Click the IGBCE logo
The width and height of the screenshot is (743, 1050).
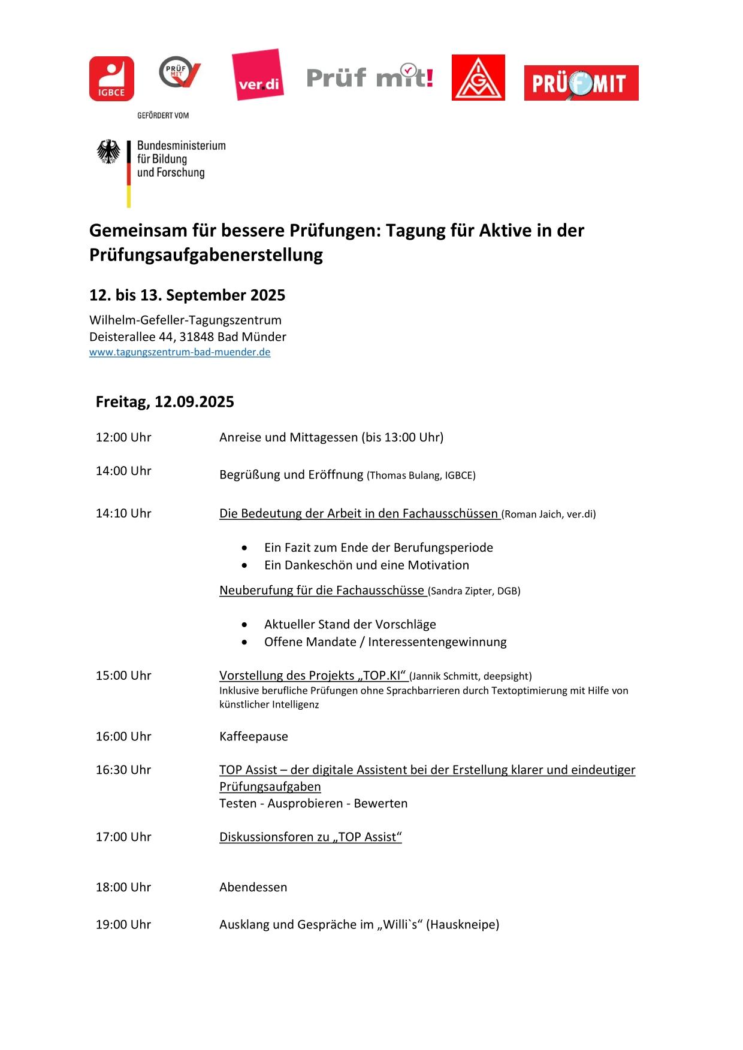tap(111, 78)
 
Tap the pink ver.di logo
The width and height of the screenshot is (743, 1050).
tap(258, 75)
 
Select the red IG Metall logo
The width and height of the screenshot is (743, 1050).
tap(478, 78)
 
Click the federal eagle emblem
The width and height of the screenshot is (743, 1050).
tap(108, 152)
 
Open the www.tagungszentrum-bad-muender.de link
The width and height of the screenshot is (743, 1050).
tap(180, 352)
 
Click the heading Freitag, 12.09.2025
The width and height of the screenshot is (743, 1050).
tap(165, 401)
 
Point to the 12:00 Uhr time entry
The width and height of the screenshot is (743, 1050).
tap(123, 437)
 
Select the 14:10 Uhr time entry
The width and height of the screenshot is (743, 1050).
tap(123, 513)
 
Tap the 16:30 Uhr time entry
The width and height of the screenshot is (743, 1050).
tap(123, 770)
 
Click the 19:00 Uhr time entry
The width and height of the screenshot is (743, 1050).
tap(123, 924)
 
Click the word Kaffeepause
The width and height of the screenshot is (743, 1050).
tap(253, 736)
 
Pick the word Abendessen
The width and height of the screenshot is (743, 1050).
tap(253, 887)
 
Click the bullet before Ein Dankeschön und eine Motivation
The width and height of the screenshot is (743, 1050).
tap(244, 565)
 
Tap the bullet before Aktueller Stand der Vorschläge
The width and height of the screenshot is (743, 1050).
tap(244, 625)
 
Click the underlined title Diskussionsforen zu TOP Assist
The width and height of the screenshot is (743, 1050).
tap(310, 837)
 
